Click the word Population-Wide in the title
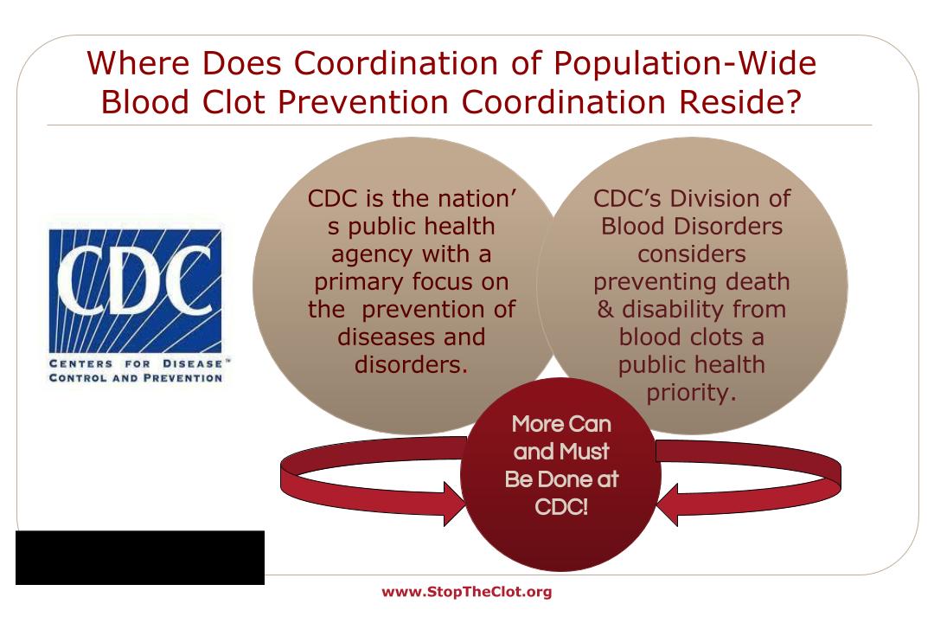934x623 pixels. (x=685, y=64)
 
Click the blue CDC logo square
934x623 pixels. (x=135, y=291)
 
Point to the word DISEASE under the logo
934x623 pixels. (x=192, y=363)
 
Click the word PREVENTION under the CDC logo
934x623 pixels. (x=182, y=377)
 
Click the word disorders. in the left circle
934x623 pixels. (x=411, y=364)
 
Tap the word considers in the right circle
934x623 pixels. (x=692, y=254)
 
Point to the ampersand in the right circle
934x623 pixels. (x=605, y=310)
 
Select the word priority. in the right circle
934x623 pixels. (x=692, y=393)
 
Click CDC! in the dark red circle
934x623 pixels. (x=561, y=507)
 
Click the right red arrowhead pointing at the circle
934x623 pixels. (x=667, y=504)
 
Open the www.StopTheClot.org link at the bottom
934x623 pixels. (x=467, y=592)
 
